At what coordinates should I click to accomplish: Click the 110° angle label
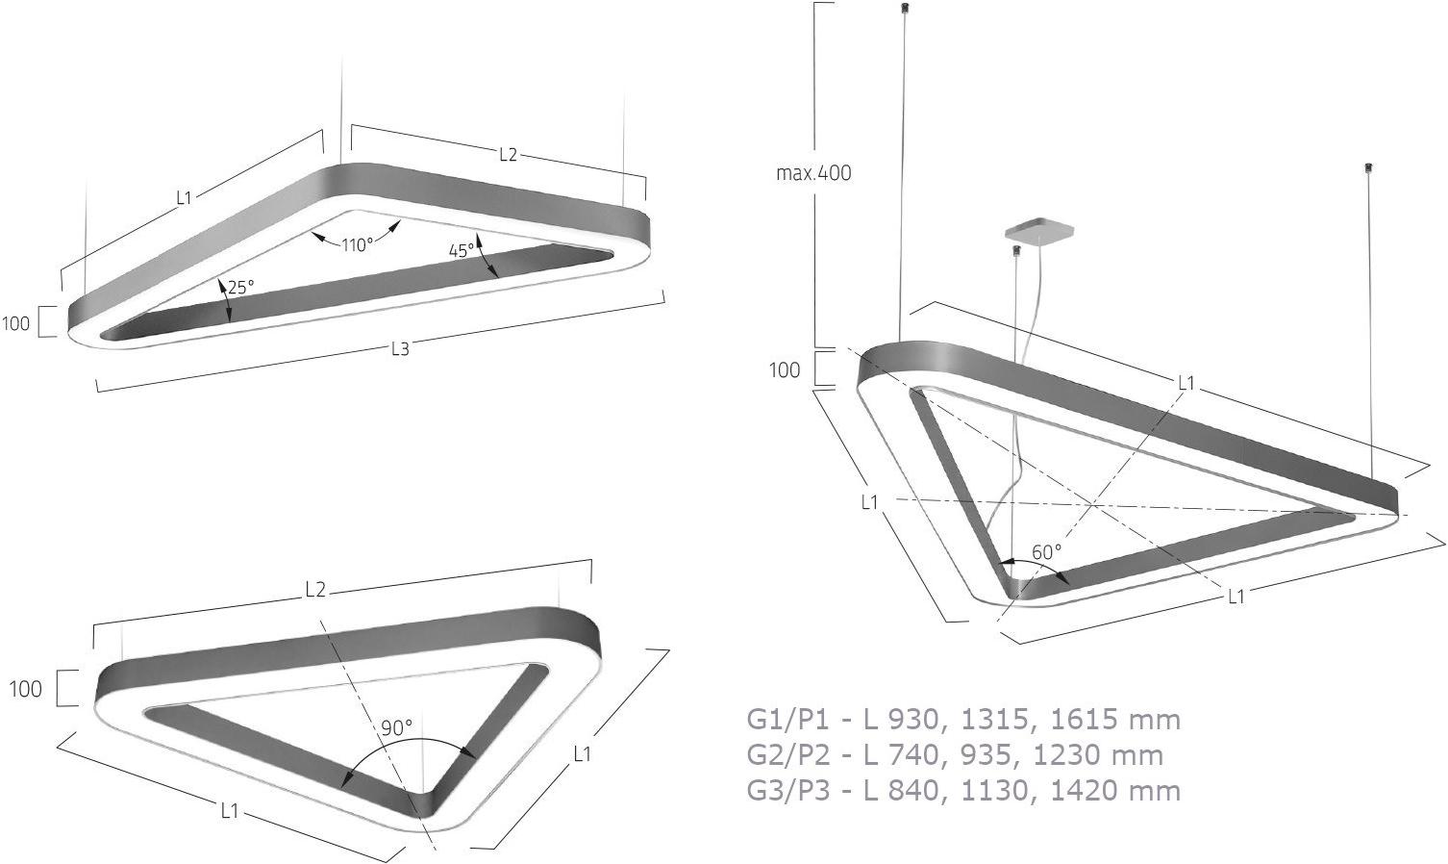(x=357, y=244)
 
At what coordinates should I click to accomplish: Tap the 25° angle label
(x=240, y=287)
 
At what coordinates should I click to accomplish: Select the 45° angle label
(x=462, y=250)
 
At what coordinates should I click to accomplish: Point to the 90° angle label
(x=396, y=728)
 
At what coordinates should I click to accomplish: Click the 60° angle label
(x=1046, y=552)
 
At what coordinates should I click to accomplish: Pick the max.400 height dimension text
(x=813, y=173)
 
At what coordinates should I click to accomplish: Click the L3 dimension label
(x=400, y=349)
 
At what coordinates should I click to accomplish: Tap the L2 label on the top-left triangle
(x=508, y=155)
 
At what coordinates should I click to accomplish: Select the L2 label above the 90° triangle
(x=315, y=591)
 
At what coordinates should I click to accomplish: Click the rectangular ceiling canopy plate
(x=1038, y=232)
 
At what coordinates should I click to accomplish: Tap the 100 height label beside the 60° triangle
(x=785, y=369)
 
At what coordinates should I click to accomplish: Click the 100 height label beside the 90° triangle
(x=25, y=689)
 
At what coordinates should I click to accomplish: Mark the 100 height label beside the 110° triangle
(x=16, y=323)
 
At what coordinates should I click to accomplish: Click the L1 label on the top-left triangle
(x=185, y=198)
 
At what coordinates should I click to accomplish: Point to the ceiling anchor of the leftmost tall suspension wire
(x=903, y=9)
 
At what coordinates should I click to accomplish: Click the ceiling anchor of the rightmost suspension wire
(x=1368, y=169)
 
